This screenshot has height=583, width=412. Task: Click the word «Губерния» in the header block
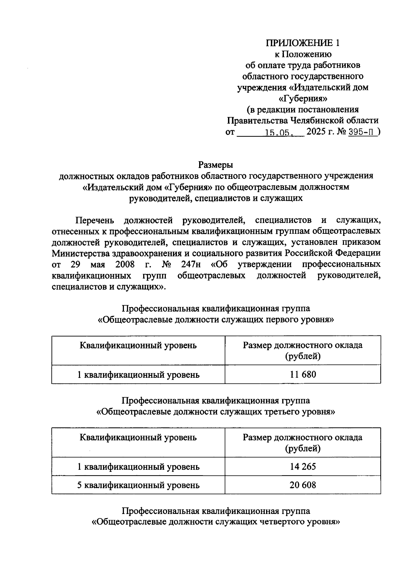coord(302,99)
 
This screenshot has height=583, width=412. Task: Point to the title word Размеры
coord(216,165)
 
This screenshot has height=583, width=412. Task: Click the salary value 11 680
coord(302,374)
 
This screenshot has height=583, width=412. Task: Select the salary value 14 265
coord(302,466)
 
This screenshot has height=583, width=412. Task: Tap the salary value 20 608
coord(302,485)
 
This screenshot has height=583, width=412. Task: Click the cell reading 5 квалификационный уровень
coord(138,485)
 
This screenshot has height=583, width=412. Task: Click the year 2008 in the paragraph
coord(125,264)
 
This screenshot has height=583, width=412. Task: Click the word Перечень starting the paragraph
coord(95,220)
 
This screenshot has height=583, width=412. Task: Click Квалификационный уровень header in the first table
coord(138,345)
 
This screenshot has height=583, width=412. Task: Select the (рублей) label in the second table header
coord(302,448)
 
